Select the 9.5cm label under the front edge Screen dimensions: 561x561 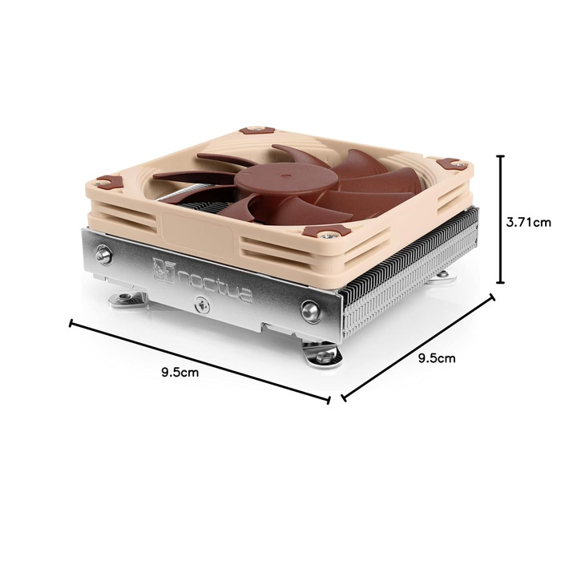[180, 373]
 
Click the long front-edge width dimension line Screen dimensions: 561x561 [200, 361]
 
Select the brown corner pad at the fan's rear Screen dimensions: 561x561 [256, 127]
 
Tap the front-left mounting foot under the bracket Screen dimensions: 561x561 [129, 301]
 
